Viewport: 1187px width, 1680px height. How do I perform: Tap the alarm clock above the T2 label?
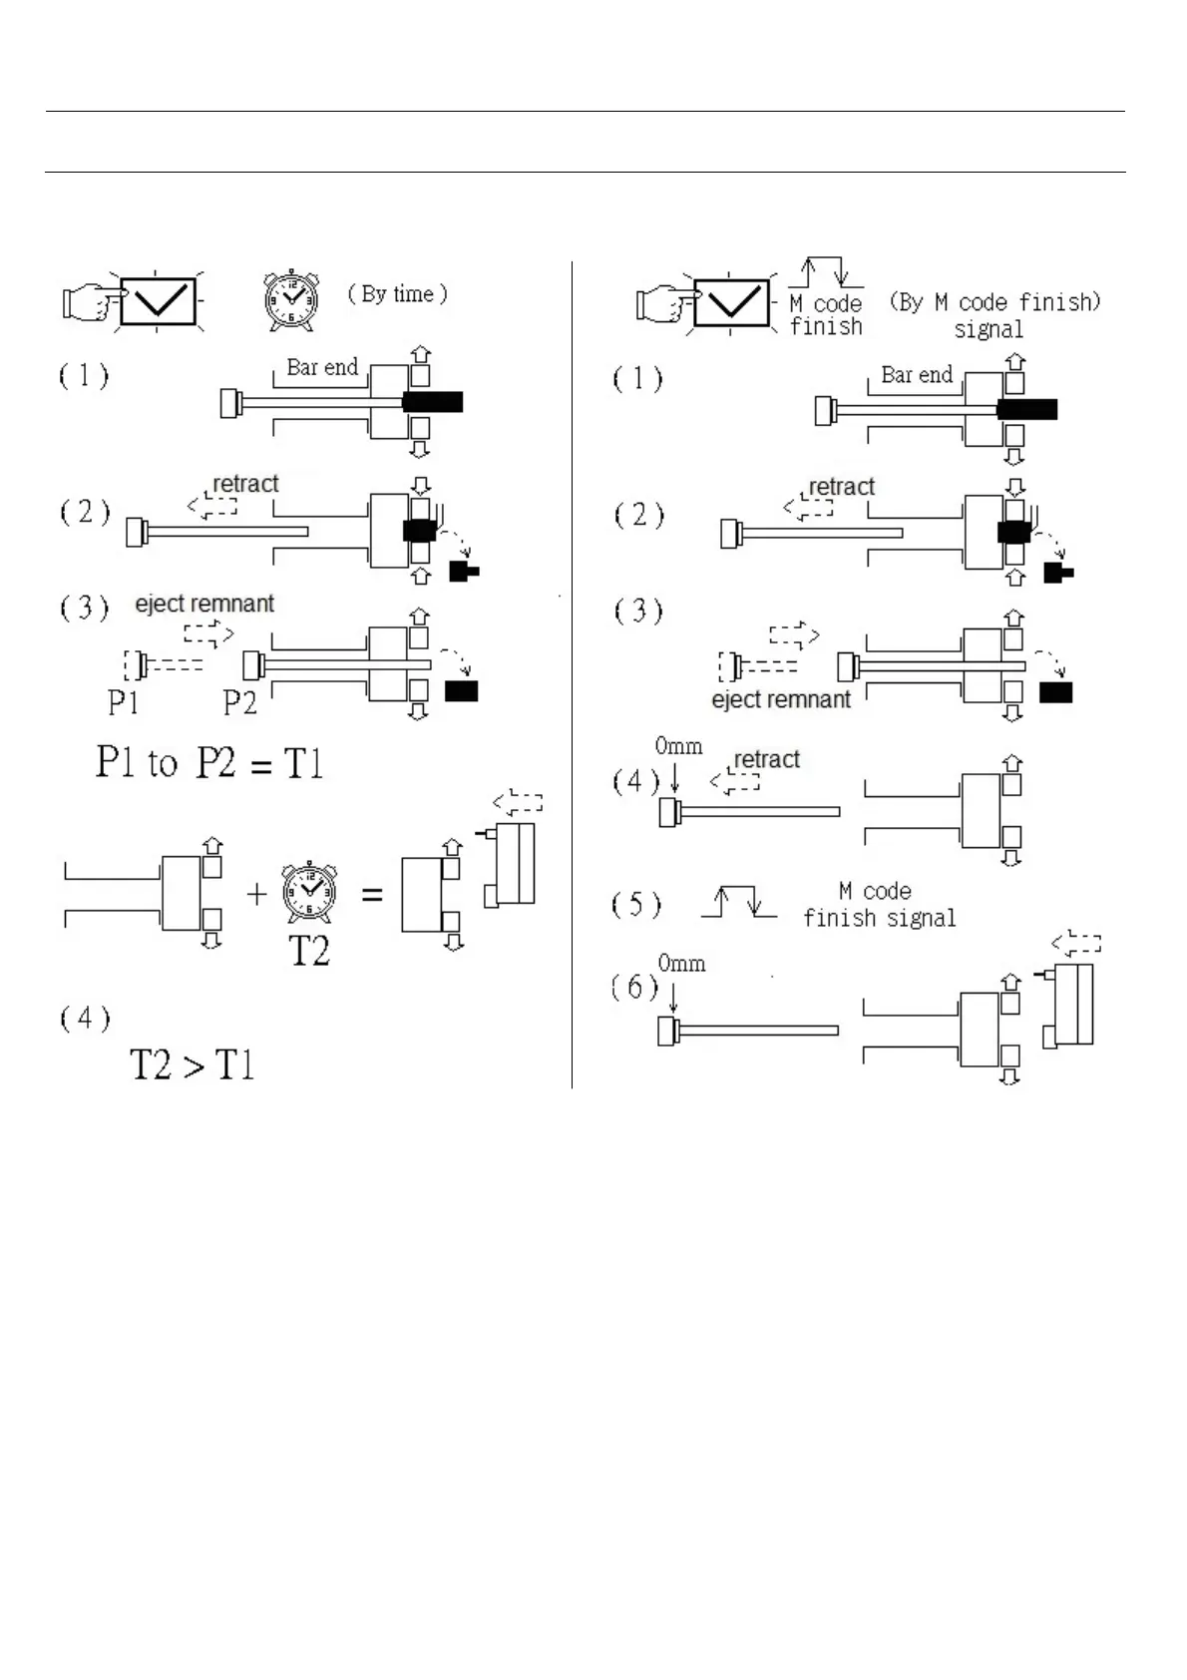pyautogui.click(x=309, y=895)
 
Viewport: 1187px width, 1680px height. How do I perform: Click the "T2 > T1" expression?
pyautogui.click(x=193, y=1064)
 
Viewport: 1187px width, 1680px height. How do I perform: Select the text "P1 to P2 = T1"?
pyautogui.click(x=209, y=763)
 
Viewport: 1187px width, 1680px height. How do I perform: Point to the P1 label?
pyautogui.click(x=123, y=702)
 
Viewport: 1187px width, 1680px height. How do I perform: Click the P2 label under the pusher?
pyautogui.click(x=239, y=702)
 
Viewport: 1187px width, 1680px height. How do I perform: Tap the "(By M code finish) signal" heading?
pyautogui.click(x=994, y=314)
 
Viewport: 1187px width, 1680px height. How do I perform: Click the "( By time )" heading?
pyautogui.click(x=397, y=293)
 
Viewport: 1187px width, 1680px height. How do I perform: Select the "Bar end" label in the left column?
pyautogui.click(x=321, y=367)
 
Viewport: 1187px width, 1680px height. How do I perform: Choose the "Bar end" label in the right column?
pyautogui.click(x=916, y=375)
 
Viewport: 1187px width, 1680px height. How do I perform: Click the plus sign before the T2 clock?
pyautogui.click(x=256, y=894)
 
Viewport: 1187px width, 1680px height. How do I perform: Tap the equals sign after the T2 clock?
pyautogui.click(x=372, y=895)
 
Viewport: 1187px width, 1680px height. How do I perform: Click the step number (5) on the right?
pyautogui.click(x=635, y=905)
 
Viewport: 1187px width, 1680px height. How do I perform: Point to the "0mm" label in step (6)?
pyautogui.click(x=681, y=964)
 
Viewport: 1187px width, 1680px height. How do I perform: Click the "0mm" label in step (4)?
pyautogui.click(x=678, y=746)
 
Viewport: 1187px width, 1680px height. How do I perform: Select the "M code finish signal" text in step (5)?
pyautogui.click(x=879, y=904)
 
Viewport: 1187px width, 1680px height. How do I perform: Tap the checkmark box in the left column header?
pyautogui.click(x=161, y=299)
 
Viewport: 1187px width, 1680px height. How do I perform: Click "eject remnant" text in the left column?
pyautogui.click(x=204, y=604)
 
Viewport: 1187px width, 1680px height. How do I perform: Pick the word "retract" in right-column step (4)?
pyautogui.click(x=766, y=759)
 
